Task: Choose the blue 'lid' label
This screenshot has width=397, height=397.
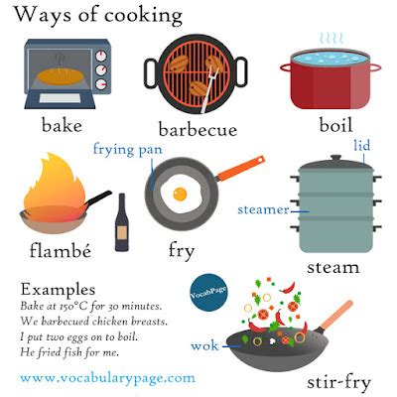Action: tap(360, 146)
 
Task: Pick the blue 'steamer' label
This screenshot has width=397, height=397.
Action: tap(263, 210)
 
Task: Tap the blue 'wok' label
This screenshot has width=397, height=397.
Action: tap(204, 345)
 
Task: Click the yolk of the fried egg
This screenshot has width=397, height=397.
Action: tap(181, 192)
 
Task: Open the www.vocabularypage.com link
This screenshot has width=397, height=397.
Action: tap(107, 378)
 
